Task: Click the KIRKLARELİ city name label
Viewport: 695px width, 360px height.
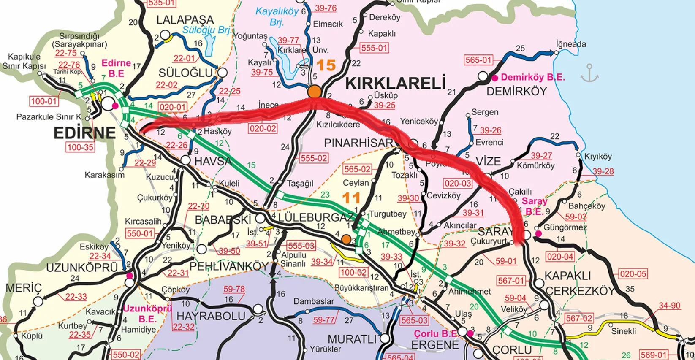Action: point(395,83)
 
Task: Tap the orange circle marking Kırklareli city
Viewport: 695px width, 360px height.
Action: point(314,91)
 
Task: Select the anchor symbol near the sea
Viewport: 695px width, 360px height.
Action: point(589,73)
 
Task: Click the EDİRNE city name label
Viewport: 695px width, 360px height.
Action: point(84,133)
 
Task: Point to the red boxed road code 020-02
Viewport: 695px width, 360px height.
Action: point(263,128)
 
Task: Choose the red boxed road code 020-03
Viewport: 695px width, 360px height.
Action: point(458,183)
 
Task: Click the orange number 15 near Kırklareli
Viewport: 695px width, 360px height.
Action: point(326,65)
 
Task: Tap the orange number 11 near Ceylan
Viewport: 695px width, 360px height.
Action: point(351,198)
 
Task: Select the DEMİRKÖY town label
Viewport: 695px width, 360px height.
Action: point(516,91)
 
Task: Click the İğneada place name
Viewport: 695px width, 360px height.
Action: point(571,44)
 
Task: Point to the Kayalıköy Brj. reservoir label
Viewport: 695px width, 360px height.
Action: point(277,16)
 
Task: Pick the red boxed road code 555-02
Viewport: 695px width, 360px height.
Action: point(314,158)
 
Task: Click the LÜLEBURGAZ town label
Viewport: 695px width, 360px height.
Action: point(316,217)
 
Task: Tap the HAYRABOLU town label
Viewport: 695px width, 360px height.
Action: point(211,316)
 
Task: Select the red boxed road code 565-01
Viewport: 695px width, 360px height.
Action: point(478,60)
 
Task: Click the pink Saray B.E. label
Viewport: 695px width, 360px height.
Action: point(535,206)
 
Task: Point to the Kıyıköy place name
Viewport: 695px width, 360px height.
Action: point(598,157)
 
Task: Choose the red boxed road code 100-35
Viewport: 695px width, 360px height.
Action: point(80,147)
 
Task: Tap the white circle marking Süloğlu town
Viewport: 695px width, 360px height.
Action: point(223,73)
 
